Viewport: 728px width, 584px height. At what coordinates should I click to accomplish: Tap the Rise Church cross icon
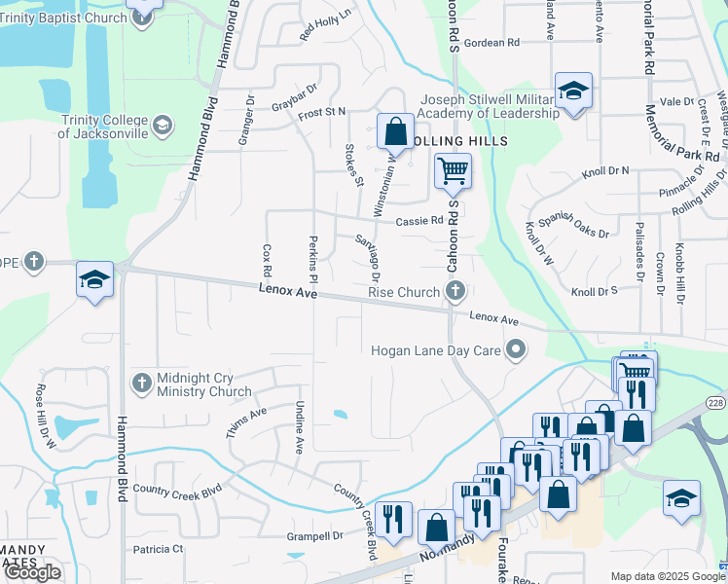pos(455,291)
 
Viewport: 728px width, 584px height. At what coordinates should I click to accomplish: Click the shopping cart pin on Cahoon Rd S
pos(453,171)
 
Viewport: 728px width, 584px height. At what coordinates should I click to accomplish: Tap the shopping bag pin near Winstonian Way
pos(395,130)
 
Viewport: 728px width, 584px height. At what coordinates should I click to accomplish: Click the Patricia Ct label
pos(159,549)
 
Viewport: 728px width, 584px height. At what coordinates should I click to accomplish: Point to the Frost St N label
pos(322,113)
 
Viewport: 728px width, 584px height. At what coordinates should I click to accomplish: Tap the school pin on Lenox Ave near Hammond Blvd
pos(94,281)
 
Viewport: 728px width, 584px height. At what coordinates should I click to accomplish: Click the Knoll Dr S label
pos(595,291)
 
